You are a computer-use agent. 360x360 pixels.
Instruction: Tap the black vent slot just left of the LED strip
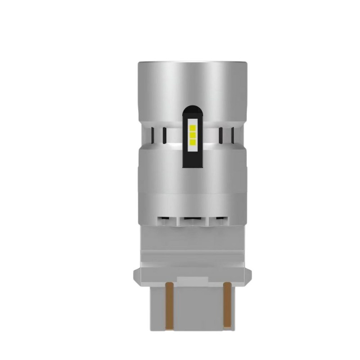click(164, 134)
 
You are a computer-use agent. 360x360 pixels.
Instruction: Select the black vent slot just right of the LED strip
click(220, 134)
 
